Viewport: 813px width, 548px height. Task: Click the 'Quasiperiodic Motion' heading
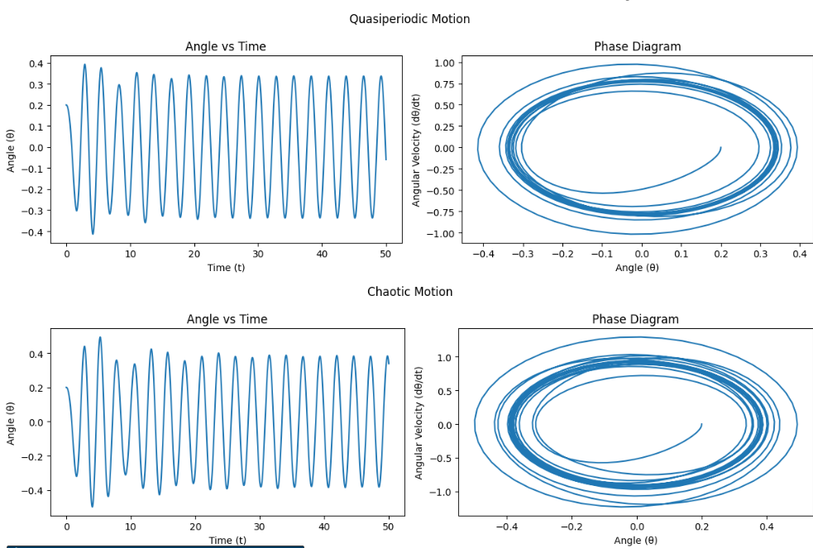pyautogui.click(x=409, y=18)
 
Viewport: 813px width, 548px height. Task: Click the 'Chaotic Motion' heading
pyautogui.click(x=409, y=292)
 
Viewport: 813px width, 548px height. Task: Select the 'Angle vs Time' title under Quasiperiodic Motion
pyautogui.click(x=227, y=46)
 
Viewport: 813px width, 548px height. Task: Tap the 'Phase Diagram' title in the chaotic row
pyautogui.click(x=635, y=319)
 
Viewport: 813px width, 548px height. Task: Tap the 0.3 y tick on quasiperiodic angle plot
pyautogui.click(x=36, y=84)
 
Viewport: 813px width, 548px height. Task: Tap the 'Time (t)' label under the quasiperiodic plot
pyautogui.click(x=226, y=267)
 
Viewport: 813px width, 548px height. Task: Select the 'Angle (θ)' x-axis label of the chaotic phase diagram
pyautogui.click(x=635, y=540)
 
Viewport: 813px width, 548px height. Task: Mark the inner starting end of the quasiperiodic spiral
pyautogui.click(x=720, y=148)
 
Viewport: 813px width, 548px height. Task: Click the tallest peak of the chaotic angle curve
pyautogui.click(x=100, y=337)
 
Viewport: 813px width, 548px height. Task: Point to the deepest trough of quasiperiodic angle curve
pyautogui.click(x=93, y=234)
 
